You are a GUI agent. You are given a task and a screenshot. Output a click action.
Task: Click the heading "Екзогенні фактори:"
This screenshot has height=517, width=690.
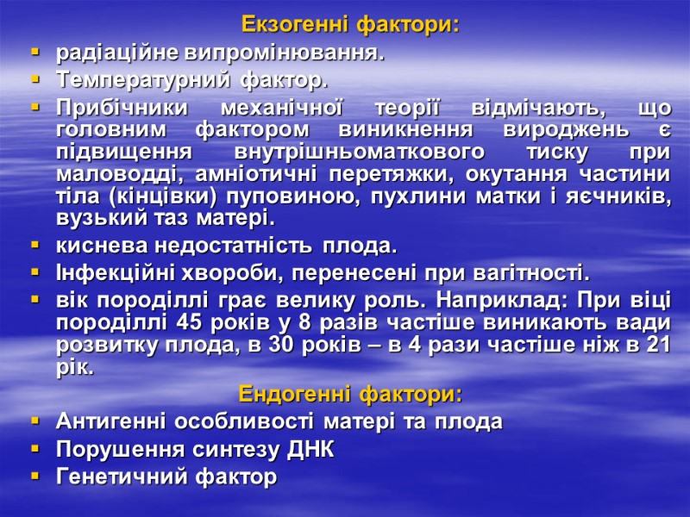tap(350, 25)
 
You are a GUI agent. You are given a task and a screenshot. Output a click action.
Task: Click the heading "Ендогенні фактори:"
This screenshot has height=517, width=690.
tap(350, 396)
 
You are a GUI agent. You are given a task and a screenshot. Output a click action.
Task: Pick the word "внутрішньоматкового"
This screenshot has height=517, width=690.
tap(361, 153)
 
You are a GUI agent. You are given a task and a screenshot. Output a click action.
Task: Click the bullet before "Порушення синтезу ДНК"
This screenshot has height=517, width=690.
tap(35, 450)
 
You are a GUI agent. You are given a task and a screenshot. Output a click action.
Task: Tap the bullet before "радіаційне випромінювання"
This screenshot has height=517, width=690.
tap(35, 53)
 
